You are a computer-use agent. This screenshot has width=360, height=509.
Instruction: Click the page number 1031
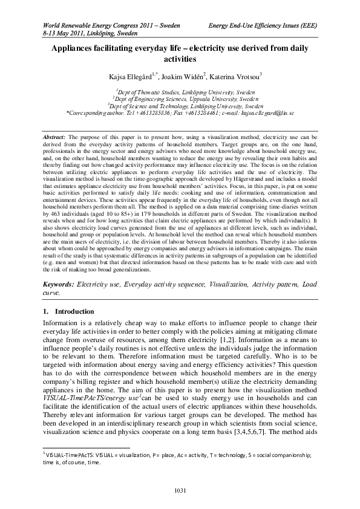pyautogui.click(x=180, y=488)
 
